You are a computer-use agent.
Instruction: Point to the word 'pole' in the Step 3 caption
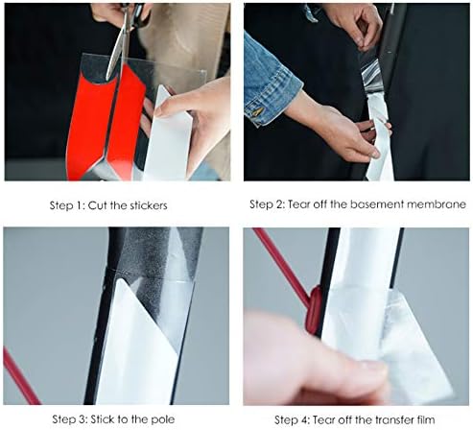point(167,419)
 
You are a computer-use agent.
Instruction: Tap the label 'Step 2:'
point(269,204)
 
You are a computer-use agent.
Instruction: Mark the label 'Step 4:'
point(293,419)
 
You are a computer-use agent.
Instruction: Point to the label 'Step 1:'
point(68,205)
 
